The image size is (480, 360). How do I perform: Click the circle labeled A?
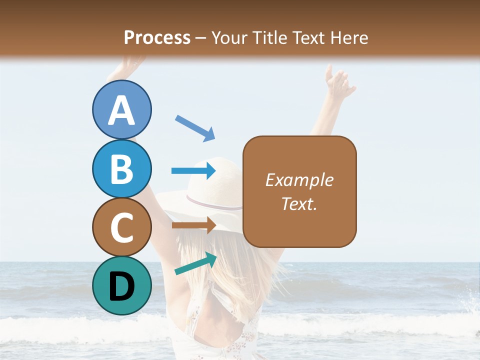tap(122, 109)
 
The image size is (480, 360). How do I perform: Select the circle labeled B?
tap(122, 168)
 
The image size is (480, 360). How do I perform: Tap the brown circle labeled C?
tap(122, 227)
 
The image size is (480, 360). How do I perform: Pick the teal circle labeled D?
tap(122, 285)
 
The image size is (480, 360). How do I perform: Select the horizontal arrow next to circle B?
tap(193, 171)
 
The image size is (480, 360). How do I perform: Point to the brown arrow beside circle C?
tap(193, 225)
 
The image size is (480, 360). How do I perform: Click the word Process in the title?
tap(157, 37)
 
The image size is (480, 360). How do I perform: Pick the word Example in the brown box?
tap(299, 180)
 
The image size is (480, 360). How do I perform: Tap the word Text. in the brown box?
tap(299, 203)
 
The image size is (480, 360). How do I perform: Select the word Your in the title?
tap(230, 37)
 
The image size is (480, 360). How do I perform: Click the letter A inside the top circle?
tap(122, 110)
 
